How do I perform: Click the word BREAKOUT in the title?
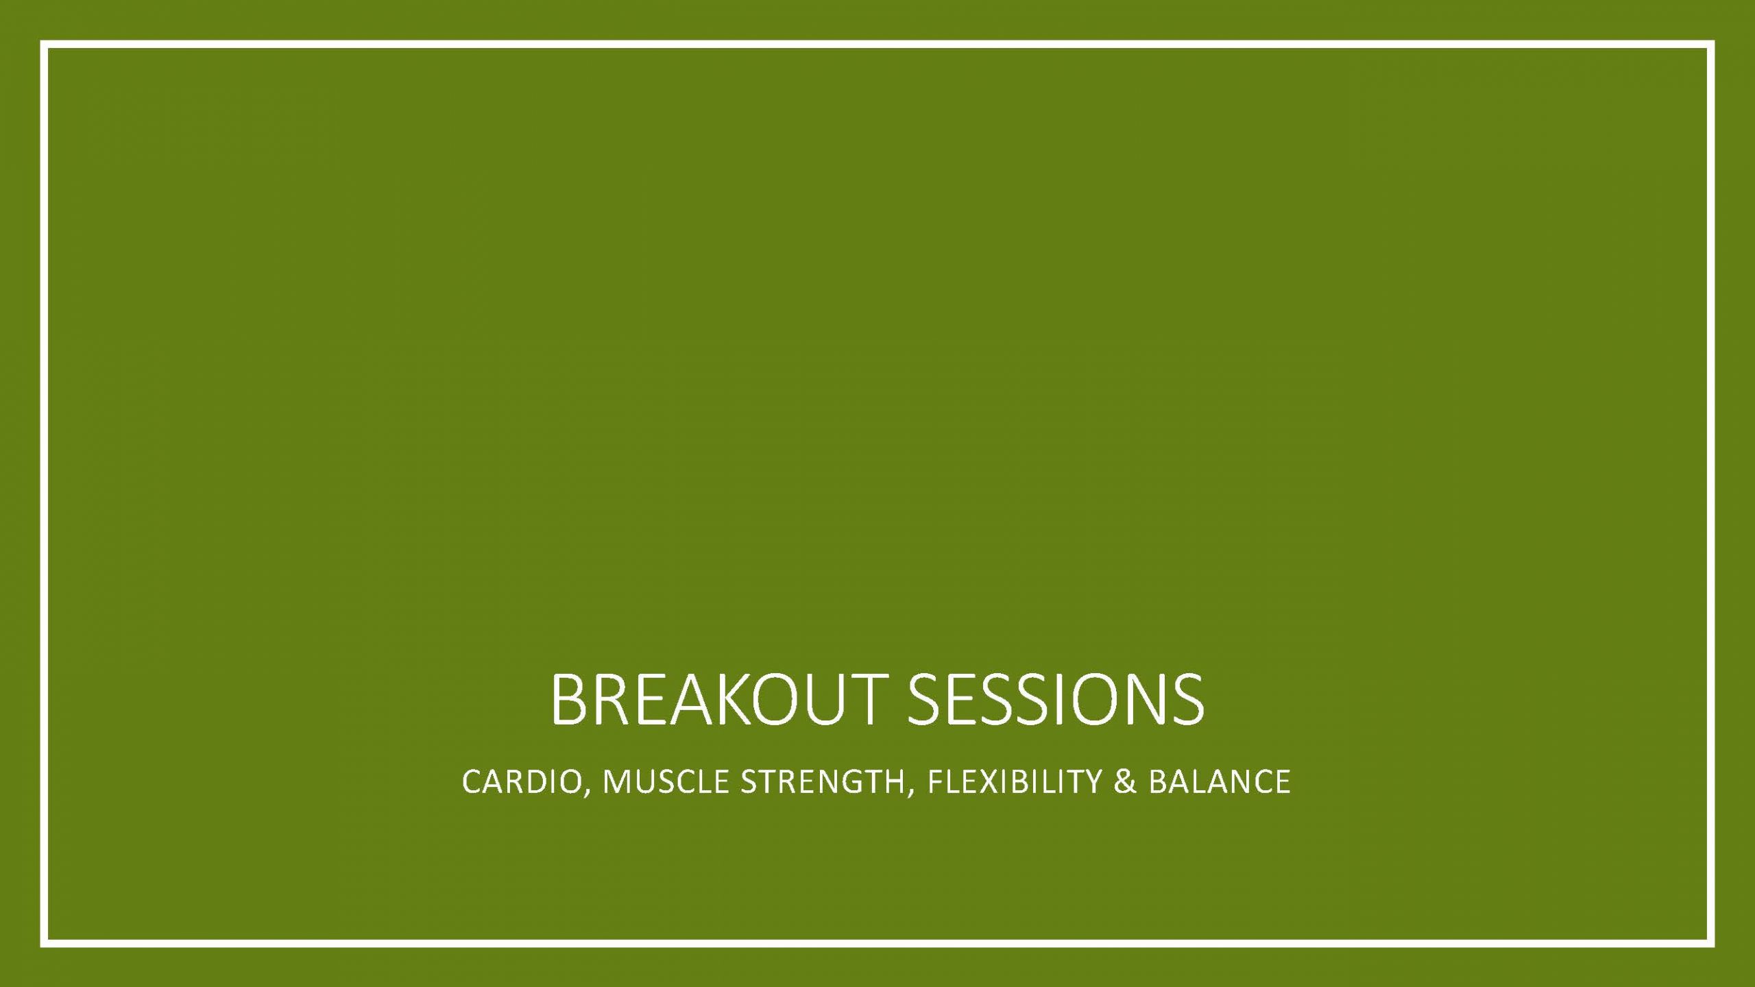coord(714,700)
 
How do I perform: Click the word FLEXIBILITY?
coord(1014,782)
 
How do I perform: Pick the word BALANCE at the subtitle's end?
coord(1220,782)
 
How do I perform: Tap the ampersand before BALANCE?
coord(1125,782)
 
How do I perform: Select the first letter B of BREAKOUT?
coord(568,700)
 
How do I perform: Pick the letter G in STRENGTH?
coord(853,782)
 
